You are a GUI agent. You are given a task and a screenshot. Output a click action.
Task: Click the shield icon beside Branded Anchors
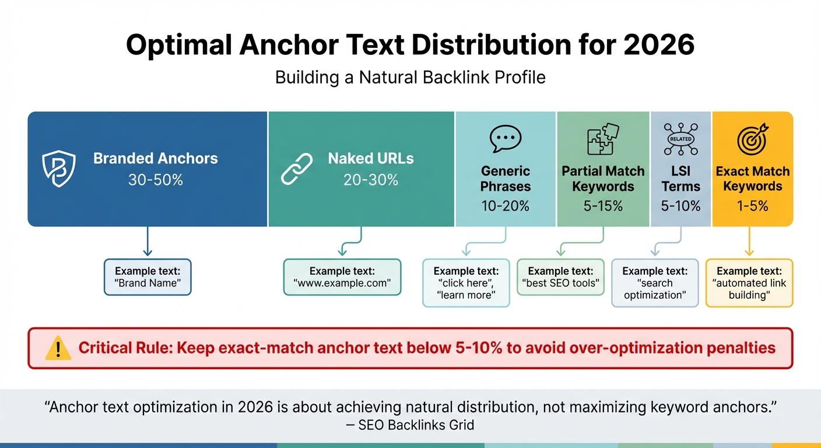59,169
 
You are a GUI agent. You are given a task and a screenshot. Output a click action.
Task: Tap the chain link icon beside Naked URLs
297,169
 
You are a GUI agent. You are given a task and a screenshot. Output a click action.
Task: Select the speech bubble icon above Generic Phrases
505,139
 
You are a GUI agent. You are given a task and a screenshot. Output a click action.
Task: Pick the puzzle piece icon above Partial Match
602,139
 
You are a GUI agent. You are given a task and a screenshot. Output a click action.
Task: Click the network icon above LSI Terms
680,139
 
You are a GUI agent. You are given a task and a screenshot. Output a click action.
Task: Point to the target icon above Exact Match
752,139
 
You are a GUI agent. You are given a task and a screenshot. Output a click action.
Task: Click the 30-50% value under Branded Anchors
156,180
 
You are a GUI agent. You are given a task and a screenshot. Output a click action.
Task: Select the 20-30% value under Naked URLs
371,180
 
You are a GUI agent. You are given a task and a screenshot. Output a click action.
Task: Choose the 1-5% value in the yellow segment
752,206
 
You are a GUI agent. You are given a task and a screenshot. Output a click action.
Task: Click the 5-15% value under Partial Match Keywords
602,206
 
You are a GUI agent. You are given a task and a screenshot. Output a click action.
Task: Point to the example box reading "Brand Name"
148,277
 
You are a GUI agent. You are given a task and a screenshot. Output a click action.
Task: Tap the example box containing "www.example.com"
342,277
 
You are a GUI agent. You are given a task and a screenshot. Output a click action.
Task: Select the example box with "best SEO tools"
560,277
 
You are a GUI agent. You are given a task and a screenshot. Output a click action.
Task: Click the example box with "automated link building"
749,283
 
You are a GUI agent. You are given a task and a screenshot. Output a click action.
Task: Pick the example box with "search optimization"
655,283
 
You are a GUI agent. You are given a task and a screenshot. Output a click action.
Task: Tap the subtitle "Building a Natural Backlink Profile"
410,78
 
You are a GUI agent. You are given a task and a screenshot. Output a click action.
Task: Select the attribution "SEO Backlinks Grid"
416,425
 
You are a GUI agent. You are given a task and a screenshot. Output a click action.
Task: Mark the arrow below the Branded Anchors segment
148,241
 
